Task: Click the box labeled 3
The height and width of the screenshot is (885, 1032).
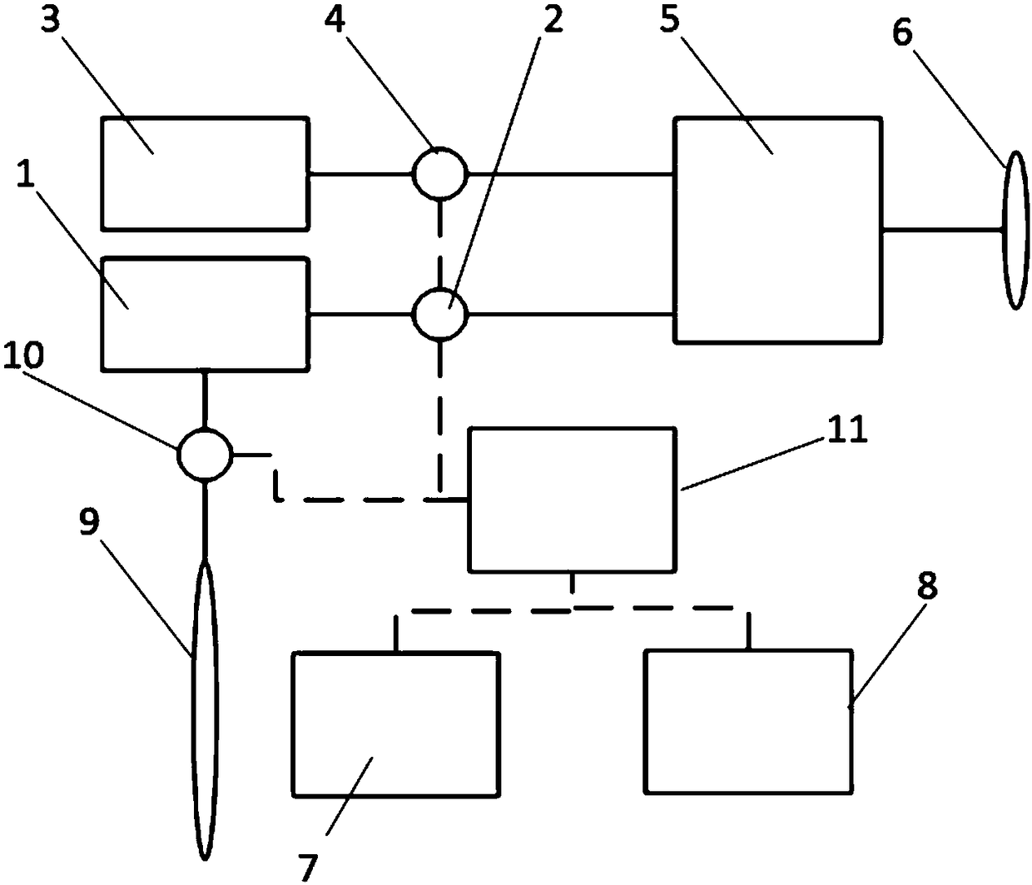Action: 205,173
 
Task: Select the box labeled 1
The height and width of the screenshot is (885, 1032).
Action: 205,314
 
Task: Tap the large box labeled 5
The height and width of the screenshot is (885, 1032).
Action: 777,230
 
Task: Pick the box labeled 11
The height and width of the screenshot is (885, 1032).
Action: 573,500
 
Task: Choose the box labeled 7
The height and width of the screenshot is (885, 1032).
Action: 396,723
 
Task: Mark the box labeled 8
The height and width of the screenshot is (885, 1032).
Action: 748,721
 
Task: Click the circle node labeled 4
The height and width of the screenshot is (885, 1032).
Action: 441,173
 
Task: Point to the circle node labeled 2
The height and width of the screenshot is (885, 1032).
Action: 441,315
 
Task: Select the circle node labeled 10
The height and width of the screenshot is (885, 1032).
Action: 204,455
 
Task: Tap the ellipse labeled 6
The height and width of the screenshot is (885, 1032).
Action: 1015,230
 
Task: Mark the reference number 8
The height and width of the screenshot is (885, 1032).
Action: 927,587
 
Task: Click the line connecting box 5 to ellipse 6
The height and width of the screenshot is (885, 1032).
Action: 941,229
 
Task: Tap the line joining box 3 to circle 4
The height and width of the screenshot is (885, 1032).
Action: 360,174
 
